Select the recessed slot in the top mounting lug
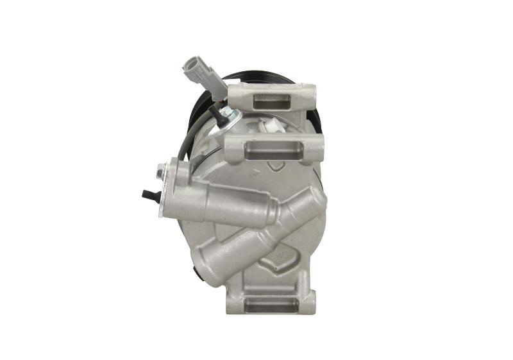[273, 101]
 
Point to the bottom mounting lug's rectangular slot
[271, 304]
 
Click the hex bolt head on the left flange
[162, 171]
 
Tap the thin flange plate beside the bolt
[169, 189]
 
